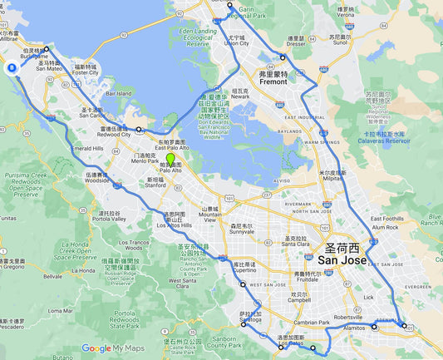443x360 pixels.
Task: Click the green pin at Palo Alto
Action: point(170,159)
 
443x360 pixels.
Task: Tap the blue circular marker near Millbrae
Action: point(12,69)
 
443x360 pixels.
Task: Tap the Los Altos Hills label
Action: point(175,222)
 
